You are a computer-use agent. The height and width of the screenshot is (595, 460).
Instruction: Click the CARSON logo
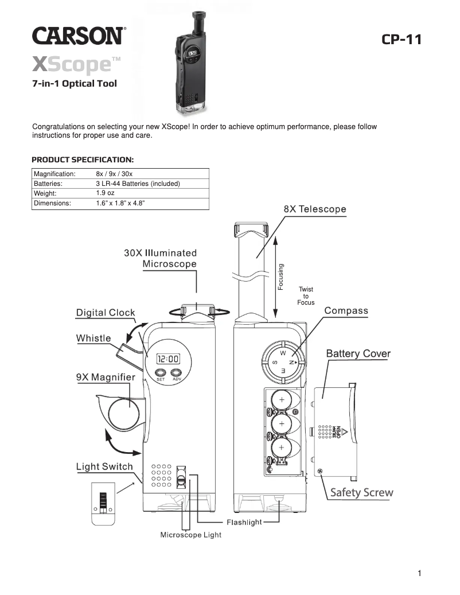[x=77, y=36]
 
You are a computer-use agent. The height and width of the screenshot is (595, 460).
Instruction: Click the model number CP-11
[x=401, y=40]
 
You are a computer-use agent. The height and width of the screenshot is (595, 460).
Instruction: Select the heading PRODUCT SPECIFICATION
[x=83, y=159]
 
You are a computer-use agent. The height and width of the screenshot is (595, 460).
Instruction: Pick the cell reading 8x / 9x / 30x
[x=114, y=173]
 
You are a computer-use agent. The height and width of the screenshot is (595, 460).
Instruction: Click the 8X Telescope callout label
[x=315, y=209]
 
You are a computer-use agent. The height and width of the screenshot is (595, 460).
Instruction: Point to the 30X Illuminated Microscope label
[x=161, y=258]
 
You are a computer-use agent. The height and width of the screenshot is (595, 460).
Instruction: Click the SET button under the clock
[x=161, y=372]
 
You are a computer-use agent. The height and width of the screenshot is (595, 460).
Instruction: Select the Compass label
[x=346, y=310]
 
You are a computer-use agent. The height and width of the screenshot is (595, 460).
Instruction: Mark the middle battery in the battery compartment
[x=282, y=423]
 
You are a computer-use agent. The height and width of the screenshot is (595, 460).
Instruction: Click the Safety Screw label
[x=361, y=492]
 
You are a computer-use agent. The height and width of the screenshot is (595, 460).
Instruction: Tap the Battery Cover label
[x=358, y=353]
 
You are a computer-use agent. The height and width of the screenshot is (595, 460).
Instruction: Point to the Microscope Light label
[x=190, y=535]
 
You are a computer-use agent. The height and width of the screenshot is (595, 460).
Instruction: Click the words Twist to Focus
[x=306, y=296]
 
